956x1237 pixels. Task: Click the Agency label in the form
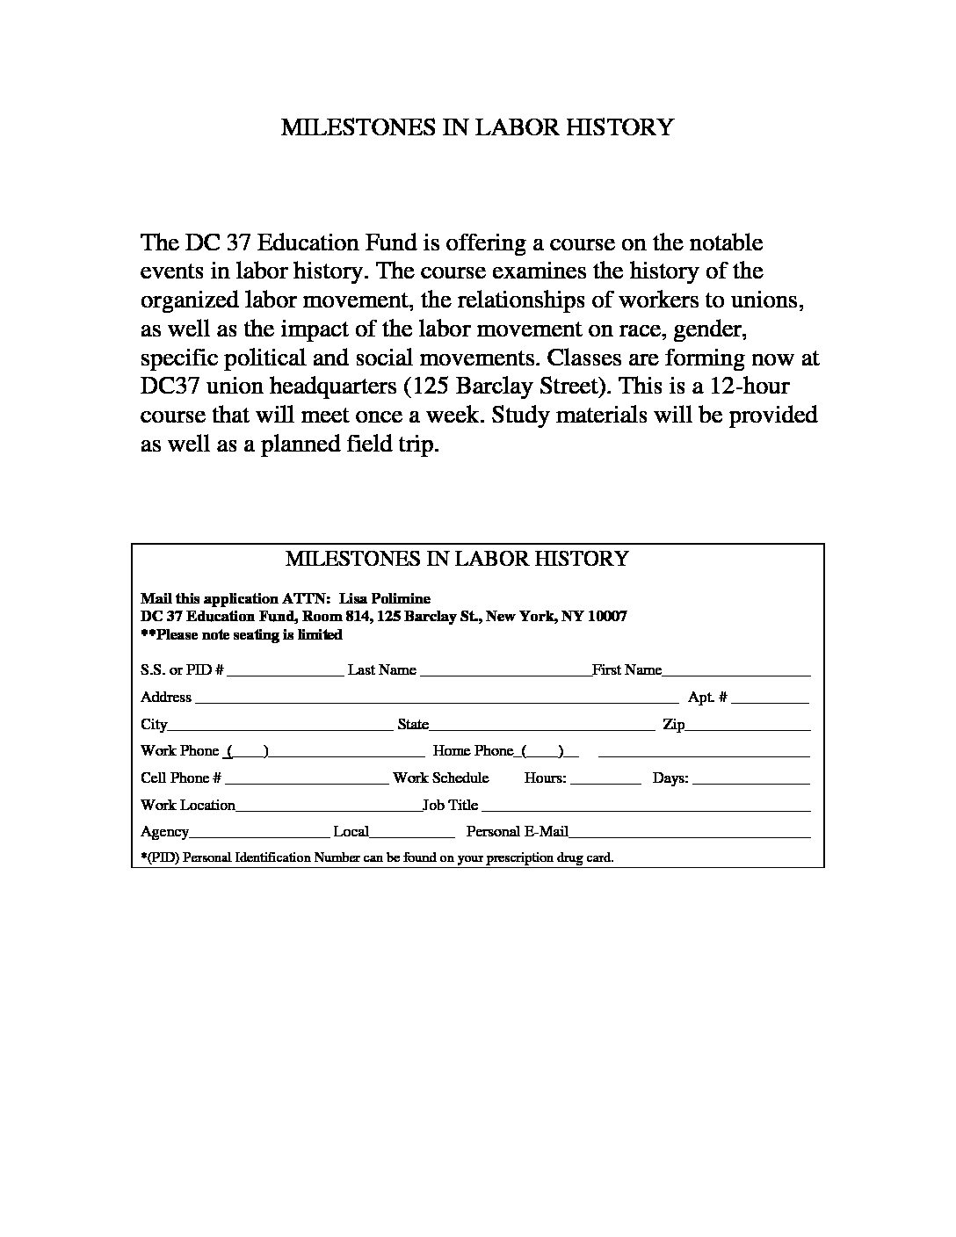164,832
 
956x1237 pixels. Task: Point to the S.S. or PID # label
182,670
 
